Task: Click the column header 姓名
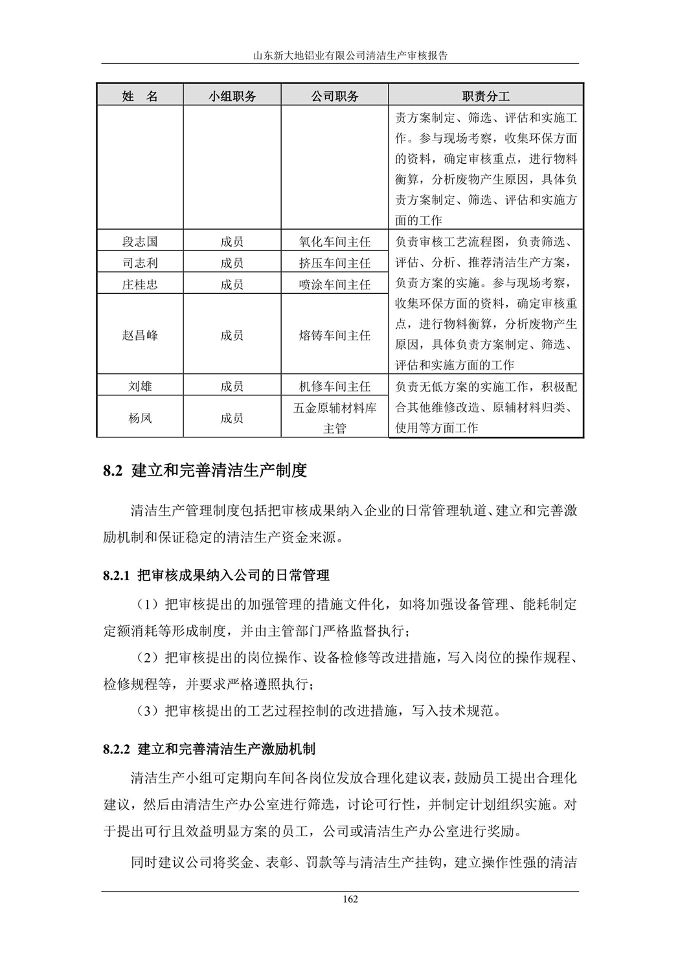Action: pos(140,96)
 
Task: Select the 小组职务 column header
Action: pos(232,96)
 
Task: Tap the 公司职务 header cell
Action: pos(335,96)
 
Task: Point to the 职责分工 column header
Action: pos(486,96)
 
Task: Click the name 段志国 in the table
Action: pos(140,242)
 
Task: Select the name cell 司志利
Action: pos(140,263)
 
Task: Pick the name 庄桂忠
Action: pos(140,285)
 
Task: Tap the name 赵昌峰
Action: pos(140,335)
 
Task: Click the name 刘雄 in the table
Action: pos(140,386)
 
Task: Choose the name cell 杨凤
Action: pos(140,418)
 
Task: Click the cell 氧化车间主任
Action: pos(335,242)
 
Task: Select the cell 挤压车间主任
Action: pos(335,263)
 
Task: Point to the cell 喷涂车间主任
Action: pos(335,285)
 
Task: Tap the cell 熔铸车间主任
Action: pos(335,335)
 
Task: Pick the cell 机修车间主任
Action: pos(335,386)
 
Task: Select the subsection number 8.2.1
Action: pos(117,575)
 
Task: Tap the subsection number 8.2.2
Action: pos(117,749)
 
